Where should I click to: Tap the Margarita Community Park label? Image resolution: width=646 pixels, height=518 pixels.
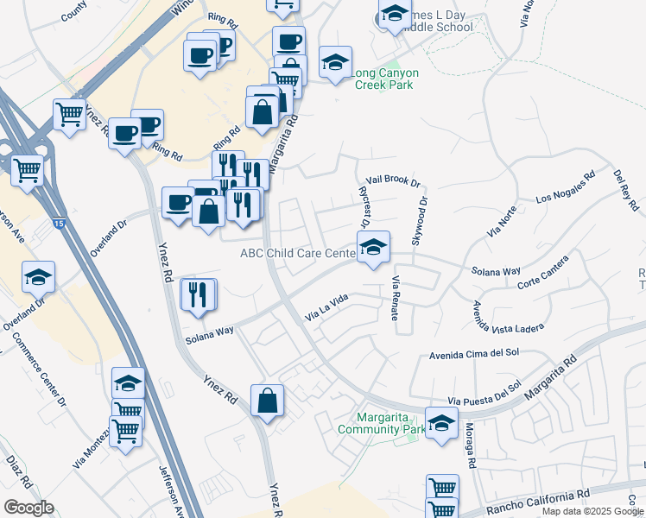click(x=381, y=423)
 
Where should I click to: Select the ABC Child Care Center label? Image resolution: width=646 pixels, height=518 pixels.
click(x=297, y=253)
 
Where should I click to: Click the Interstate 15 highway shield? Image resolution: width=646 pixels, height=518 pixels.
click(x=57, y=224)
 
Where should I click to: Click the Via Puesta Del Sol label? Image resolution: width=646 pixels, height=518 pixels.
click(x=484, y=394)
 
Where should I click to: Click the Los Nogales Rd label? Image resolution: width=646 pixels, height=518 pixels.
click(x=566, y=187)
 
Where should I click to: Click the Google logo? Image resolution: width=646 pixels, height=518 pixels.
click(x=28, y=508)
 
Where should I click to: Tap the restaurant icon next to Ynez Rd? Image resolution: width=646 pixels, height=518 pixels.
click(x=198, y=294)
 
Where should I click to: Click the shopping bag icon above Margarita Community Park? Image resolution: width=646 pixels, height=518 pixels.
click(x=268, y=400)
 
